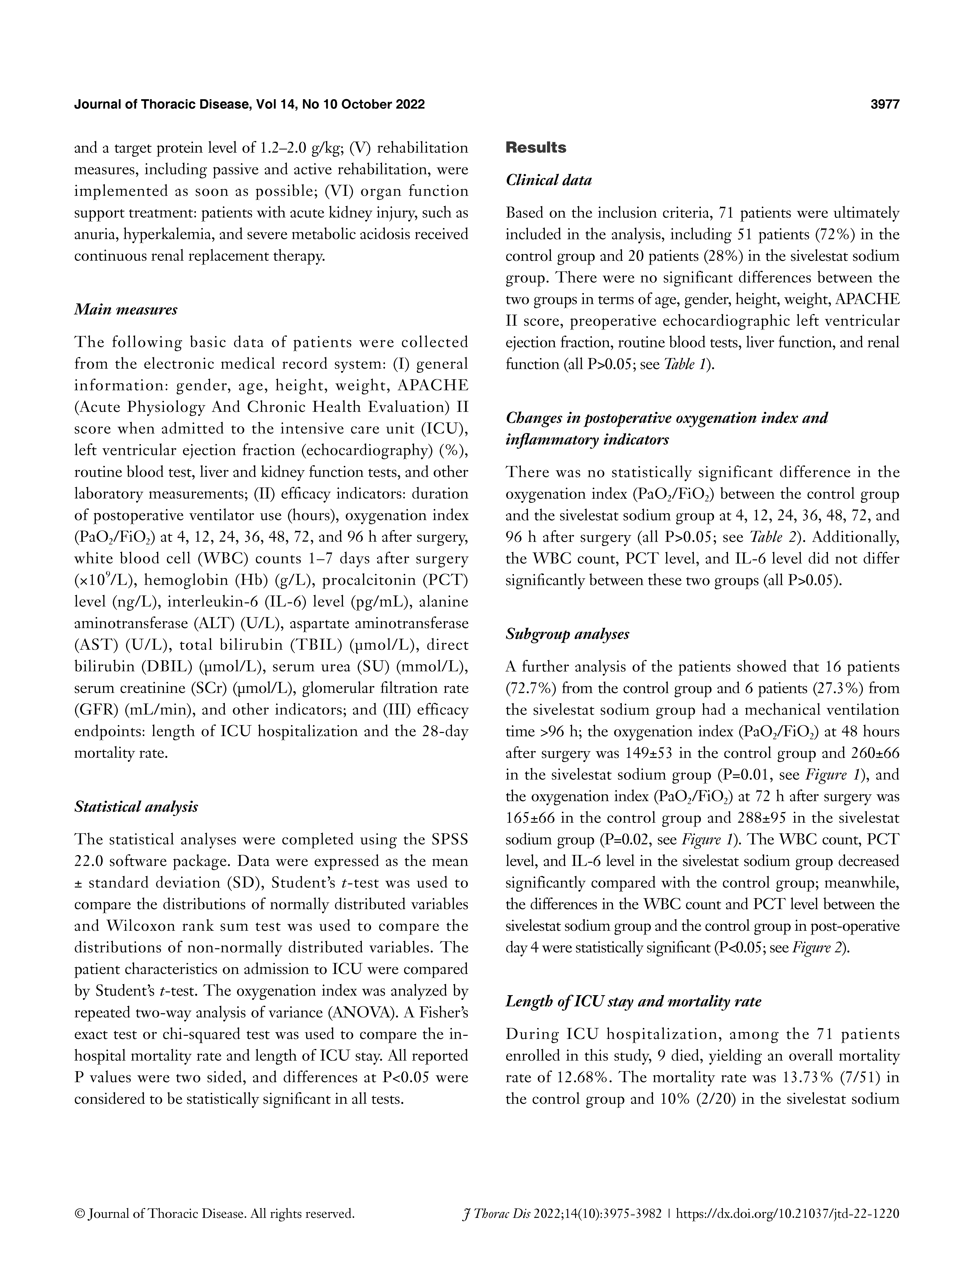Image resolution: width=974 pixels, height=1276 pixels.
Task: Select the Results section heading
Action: [x=536, y=148]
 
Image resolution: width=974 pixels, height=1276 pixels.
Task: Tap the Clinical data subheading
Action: [x=549, y=180]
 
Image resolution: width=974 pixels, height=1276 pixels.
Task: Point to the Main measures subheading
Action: [x=126, y=310]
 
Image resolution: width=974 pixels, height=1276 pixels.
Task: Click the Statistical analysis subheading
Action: [x=136, y=807]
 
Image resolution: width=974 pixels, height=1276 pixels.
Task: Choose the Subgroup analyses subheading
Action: [x=567, y=634]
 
